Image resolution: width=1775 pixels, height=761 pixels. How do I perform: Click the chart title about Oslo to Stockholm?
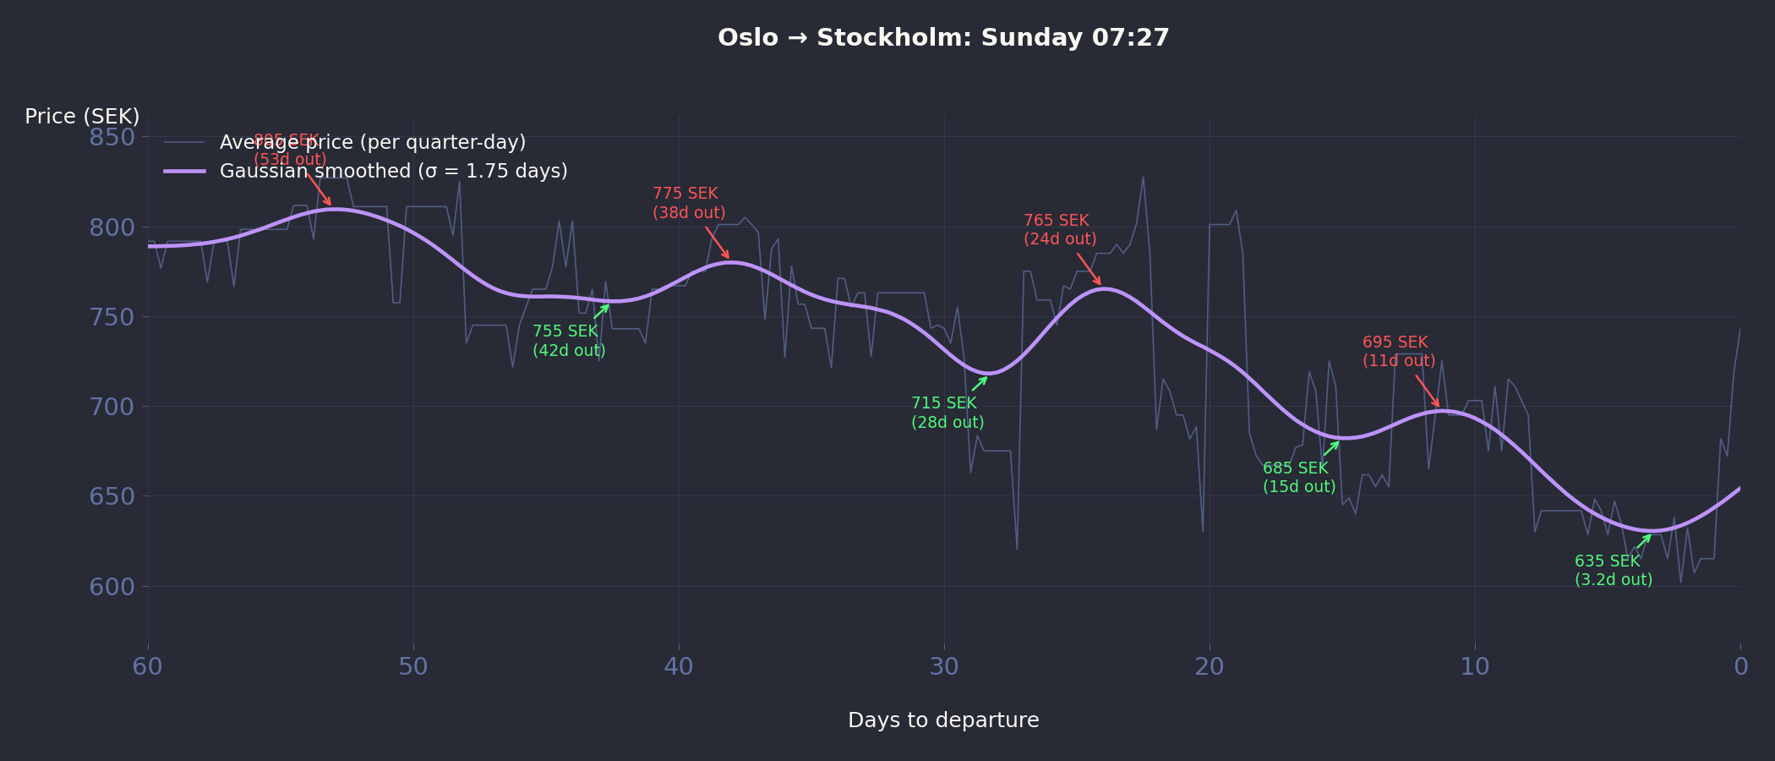click(x=943, y=38)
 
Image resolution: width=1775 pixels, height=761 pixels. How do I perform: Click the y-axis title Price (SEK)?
click(x=82, y=117)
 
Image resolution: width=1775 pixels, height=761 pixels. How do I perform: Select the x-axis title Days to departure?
click(x=943, y=720)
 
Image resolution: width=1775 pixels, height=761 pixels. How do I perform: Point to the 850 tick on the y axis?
click(x=112, y=137)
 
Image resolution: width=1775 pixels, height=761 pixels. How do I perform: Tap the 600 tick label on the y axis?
click(x=112, y=587)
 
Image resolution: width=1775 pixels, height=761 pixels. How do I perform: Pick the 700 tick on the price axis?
click(x=112, y=407)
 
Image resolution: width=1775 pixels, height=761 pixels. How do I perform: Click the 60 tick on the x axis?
click(x=148, y=667)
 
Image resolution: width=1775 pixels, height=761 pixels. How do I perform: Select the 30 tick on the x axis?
click(x=944, y=667)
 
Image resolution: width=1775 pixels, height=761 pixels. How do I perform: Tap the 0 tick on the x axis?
click(x=1740, y=667)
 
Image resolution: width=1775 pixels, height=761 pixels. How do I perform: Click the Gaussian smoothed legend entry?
click(x=393, y=172)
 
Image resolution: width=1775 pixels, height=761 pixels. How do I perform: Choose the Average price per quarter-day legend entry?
click(x=372, y=142)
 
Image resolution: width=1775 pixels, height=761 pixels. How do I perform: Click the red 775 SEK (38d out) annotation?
click(x=688, y=203)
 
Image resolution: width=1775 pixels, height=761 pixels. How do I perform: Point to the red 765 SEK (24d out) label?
click(x=1060, y=230)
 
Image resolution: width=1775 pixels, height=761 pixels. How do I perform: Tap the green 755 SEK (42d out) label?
click(x=568, y=341)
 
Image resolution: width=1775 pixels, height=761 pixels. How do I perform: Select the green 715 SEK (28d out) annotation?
click(x=947, y=413)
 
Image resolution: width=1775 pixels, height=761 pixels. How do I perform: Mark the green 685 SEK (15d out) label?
click(x=1298, y=478)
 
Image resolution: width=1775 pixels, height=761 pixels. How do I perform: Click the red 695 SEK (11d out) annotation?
click(x=1398, y=352)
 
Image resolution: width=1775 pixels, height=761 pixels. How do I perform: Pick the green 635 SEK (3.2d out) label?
click(x=1613, y=571)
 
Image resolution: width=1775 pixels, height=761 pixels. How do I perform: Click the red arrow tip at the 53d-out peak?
click(x=331, y=205)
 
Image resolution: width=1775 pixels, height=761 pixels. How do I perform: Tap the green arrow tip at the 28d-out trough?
click(x=987, y=376)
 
